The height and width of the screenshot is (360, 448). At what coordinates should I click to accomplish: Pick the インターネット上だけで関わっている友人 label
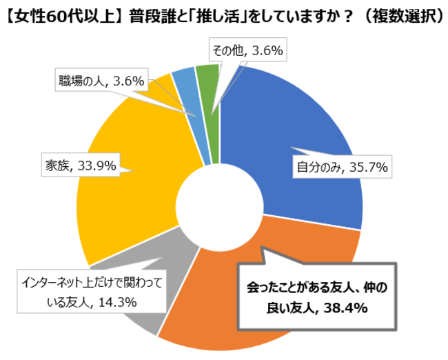[90, 292]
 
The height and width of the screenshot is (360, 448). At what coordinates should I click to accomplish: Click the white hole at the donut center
[220, 206]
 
